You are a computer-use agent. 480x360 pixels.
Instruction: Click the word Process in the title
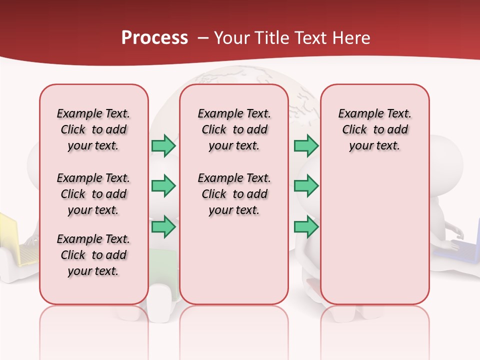click(x=154, y=37)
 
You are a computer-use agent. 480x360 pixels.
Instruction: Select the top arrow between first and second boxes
click(x=163, y=145)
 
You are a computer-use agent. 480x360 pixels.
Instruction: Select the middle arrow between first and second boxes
click(x=163, y=186)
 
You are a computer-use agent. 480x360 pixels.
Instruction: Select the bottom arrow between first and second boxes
click(x=163, y=226)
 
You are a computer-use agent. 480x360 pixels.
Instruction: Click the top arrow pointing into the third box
click(x=306, y=145)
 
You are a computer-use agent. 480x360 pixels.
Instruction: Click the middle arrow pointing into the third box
click(x=306, y=186)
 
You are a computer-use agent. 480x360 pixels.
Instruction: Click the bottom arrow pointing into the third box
click(x=306, y=226)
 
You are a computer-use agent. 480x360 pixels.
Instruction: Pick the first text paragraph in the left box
click(x=93, y=129)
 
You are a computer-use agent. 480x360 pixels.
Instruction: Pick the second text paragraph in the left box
click(x=93, y=194)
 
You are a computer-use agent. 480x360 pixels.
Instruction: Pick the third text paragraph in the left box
click(x=93, y=255)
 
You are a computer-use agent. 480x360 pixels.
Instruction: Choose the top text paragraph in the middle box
click(x=234, y=129)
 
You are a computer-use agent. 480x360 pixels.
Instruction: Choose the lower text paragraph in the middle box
click(x=234, y=194)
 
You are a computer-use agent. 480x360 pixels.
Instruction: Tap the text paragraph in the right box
click(x=375, y=129)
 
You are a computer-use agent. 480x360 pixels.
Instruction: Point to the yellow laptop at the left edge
click(x=10, y=237)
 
